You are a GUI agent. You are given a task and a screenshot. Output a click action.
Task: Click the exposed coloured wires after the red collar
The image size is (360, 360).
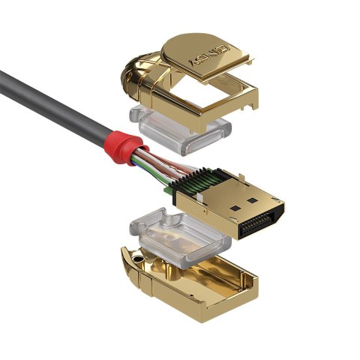[x=157, y=168]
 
